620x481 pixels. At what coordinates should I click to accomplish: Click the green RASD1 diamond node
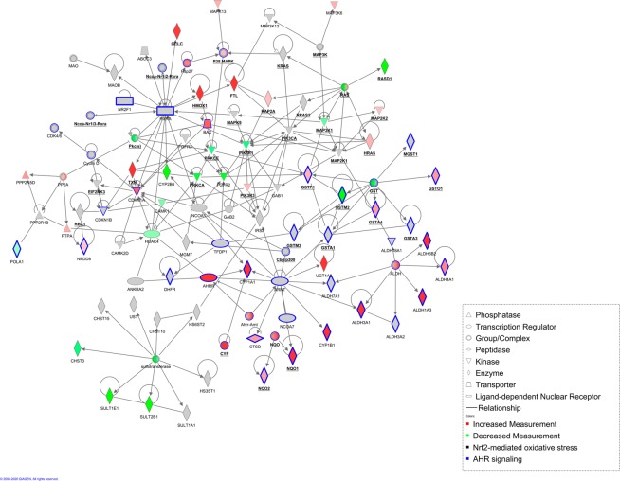click(385, 65)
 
